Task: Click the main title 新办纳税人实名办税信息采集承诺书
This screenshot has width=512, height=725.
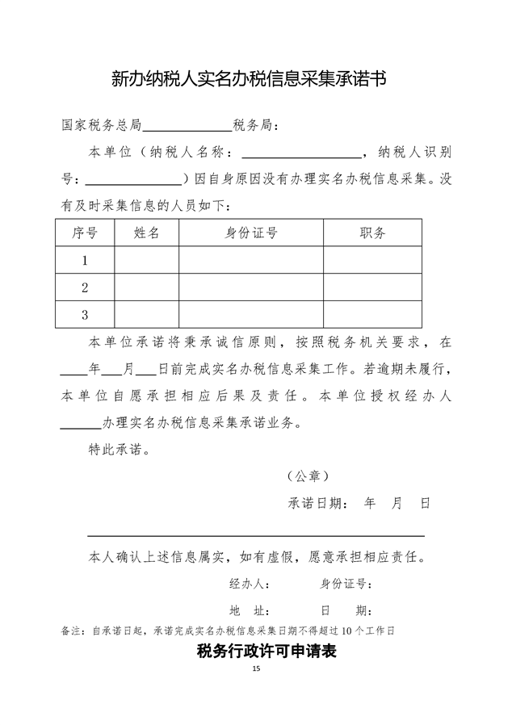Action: pos(249,78)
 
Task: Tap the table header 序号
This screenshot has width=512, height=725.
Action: pos(85,233)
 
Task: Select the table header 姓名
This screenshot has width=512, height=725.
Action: pos(146,233)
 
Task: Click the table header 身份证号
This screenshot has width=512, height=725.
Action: pos(251,233)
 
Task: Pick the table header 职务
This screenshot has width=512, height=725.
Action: pos(372,233)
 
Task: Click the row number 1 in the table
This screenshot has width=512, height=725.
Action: pos(85,261)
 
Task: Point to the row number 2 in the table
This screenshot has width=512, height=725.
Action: pos(85,287)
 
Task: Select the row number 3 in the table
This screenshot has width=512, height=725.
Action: pos(85,314)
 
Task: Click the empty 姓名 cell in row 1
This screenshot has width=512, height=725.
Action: pos(146,261)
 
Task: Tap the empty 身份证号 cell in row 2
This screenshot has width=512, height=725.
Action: pos(251,287)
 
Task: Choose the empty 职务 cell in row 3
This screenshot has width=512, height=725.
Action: pos(372,314)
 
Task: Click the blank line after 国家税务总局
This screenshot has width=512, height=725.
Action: pos(187,128)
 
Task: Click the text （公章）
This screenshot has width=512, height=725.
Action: pos(308,476)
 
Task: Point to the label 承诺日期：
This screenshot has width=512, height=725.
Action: pos(318,502)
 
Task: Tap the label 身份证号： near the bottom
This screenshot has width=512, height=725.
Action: pos(346,584)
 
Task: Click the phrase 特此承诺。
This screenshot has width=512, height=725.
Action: pos(118,449)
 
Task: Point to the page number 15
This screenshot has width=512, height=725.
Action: pos(256,670)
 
